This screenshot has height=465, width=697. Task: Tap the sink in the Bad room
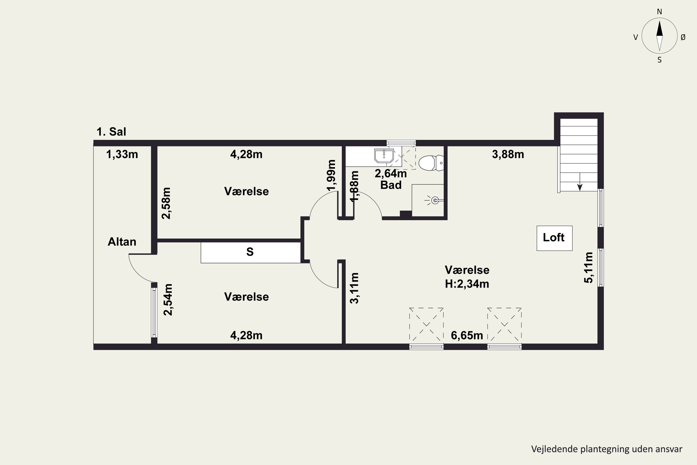384,156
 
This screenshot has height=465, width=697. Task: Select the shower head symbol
434,200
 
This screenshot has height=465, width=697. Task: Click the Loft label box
554,238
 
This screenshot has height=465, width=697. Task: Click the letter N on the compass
659,12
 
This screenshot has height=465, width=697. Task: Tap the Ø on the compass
683,37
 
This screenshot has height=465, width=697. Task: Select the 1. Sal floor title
112,131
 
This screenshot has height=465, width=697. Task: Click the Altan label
122,242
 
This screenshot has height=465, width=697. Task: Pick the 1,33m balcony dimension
122,154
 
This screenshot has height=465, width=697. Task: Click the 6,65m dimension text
467,335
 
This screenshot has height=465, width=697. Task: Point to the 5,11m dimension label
589,268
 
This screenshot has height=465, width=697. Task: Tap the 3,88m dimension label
508,154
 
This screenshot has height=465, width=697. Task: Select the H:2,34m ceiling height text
467,284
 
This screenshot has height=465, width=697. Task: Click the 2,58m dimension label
166,203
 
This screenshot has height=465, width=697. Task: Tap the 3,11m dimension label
355,288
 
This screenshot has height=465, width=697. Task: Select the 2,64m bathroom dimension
391,173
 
